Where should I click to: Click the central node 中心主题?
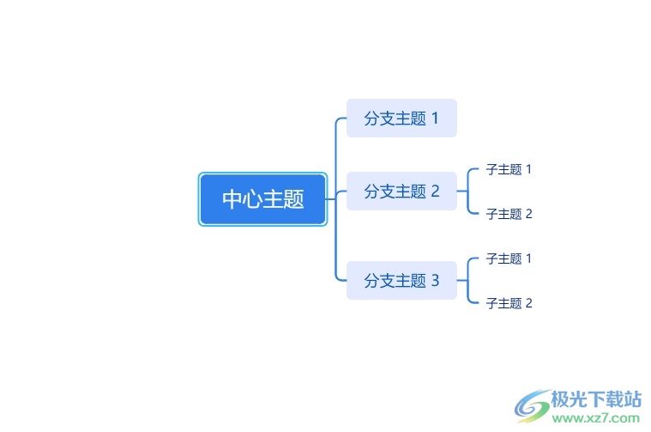coord(262,199)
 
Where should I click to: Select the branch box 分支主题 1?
coord(401,118)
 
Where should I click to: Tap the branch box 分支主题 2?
coord(401,192)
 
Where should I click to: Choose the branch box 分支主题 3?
coord(401,281)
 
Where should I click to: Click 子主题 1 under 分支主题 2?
coord(509,169)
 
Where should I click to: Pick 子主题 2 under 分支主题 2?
coord(509,214)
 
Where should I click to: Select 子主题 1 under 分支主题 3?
coord(509,259)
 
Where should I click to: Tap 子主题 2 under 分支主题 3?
coord(509,303)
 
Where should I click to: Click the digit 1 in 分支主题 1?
coord(435,118)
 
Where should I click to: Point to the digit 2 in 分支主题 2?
coord(435,192)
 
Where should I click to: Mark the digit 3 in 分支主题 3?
coord(435,281)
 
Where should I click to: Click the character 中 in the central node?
coord(232,198)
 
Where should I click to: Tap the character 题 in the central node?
coord(294,198)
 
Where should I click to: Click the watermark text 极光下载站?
coord(596,399)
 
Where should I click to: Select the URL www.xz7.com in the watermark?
coord(596,418)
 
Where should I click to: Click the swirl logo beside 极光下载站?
coord(533,406)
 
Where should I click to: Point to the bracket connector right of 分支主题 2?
coord(468,192)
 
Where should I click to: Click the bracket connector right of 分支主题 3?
coord(468,281)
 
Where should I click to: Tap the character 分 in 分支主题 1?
coord(371,118)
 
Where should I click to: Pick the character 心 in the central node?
coord(253,198)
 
